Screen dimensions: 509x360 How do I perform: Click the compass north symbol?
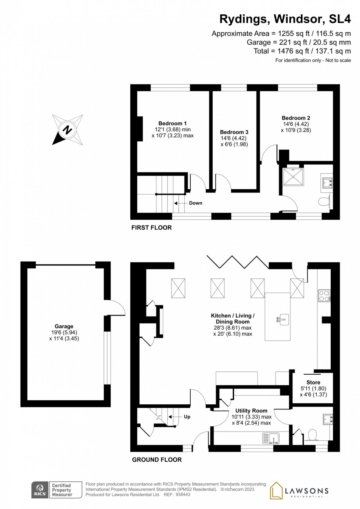(67, 130)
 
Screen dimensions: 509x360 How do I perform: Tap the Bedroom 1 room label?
(172, 123)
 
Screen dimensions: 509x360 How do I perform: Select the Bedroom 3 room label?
(234, 132)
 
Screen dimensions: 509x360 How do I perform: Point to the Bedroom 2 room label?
(296, 118)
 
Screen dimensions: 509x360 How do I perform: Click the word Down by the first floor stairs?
(195, 203)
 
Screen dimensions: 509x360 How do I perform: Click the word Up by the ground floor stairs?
(187, 417)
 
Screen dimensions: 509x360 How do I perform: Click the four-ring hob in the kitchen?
(324, 296)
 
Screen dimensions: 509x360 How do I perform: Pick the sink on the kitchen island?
(282, 320)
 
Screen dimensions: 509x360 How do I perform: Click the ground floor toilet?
(313, 436)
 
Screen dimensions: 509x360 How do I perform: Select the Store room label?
(313, 382)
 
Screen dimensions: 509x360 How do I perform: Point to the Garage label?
(64, 326)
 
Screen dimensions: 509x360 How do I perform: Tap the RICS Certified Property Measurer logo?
(57, 490)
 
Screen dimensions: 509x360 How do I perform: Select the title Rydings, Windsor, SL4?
(285, 19)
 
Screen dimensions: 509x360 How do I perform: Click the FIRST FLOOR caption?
(151, 228)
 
